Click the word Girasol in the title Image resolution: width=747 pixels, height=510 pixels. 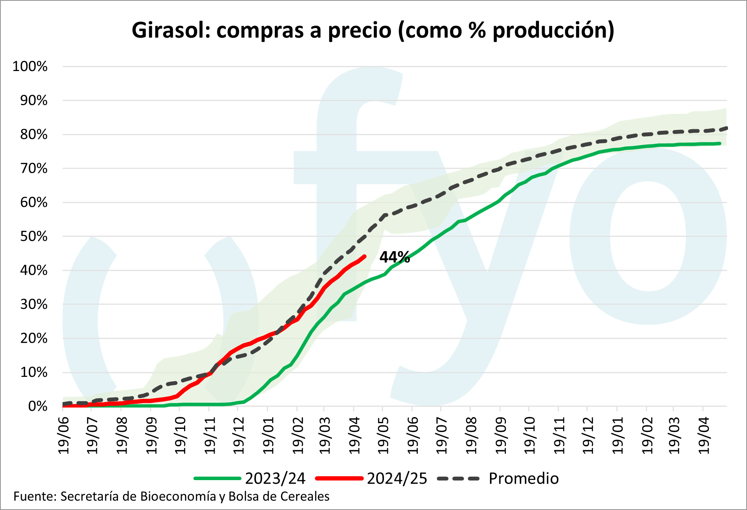click(169, 30)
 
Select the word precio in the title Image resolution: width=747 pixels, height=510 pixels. click(359, 31)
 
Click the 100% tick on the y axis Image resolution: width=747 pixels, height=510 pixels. click(30, 66)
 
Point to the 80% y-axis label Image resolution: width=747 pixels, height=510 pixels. click(34, 135)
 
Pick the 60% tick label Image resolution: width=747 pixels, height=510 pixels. click(34, 203)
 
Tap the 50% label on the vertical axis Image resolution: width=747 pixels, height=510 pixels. click(34, 236)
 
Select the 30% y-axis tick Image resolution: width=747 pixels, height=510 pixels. click(34, 304)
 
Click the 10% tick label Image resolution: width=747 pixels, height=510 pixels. click(34, 373)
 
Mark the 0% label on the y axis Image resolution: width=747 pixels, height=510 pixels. click(38, 406)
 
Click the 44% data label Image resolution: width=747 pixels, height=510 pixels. click(394, 257)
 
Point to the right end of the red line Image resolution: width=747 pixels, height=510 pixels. click(365, 256)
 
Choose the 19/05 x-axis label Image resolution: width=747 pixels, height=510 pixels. click(384, 435)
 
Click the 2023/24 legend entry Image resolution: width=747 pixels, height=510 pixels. click(275, 479)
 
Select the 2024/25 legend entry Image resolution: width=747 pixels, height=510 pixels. click(397, 479)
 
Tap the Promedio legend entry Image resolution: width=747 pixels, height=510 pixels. click(523, 479)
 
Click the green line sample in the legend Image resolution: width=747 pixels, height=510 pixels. click(217, 479)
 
